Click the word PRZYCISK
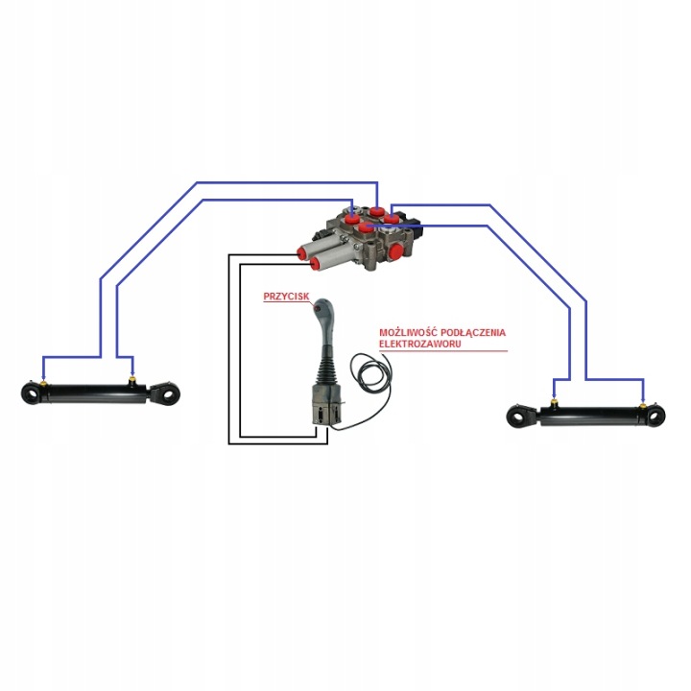click(286, 297)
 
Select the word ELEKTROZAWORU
click(420, 344)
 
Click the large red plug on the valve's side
click(394, 252)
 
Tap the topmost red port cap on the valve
click(376, 210)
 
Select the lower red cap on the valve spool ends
click(316, 263)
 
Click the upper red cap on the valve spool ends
click(302, 253)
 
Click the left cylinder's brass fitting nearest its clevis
click(131, 379)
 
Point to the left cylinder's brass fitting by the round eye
click(43, 383)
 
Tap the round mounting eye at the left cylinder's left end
click(32, 393)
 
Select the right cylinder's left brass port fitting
click(555, 402)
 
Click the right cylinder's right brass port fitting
click(643, 404)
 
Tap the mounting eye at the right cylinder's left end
click(518, 416)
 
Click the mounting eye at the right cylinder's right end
click(655, 416)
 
